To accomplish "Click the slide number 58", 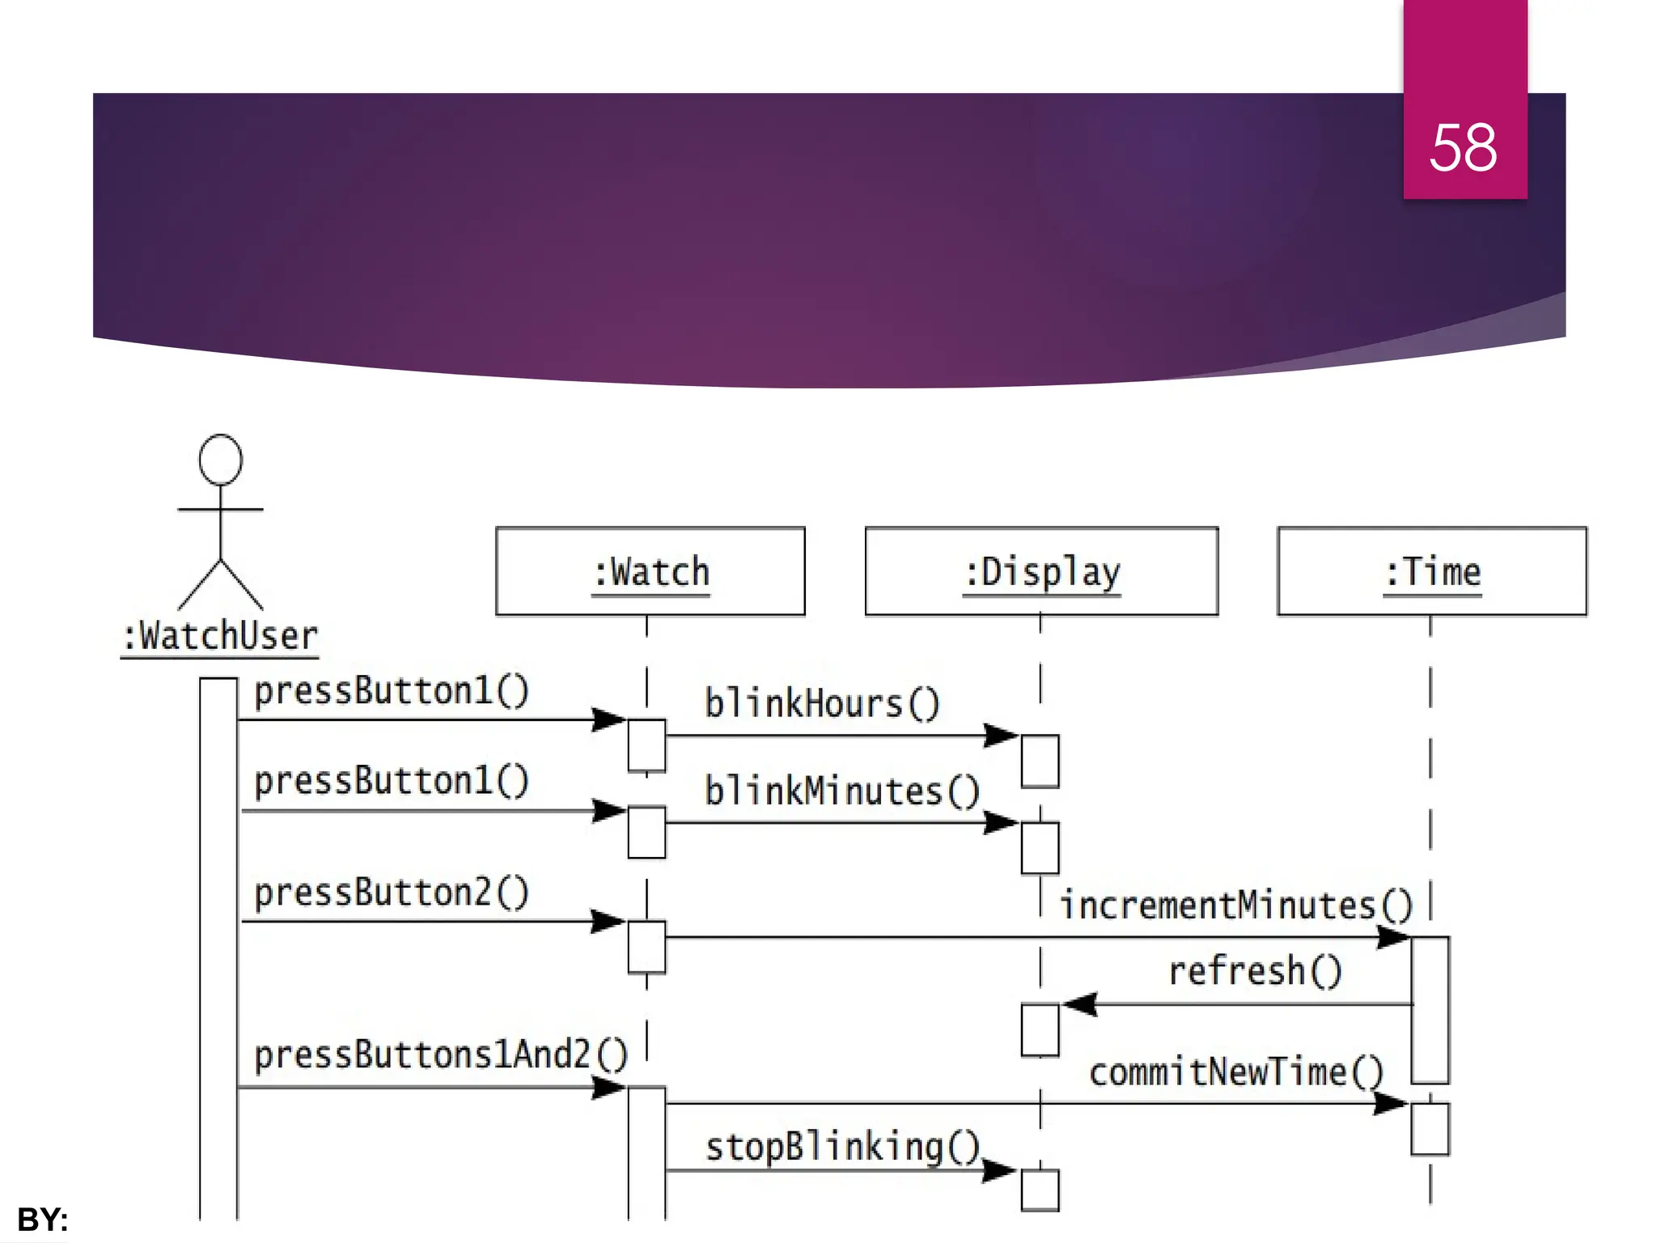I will (1463, 148).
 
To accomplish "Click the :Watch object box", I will (650, 571).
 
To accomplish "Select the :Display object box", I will (1041, 571).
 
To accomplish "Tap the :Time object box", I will (1431, 571).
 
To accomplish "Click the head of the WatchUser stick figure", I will (220, 460).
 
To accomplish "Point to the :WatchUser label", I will (219, 636).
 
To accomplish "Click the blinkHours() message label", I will (821, 703).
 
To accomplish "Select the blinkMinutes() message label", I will (841, 791).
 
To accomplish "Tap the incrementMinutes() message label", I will (1235, 905).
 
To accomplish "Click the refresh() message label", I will (1255, 970).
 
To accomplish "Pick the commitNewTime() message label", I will (1235, 1072).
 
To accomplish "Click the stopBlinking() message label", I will (842, 1147).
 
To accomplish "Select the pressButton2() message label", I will (392, 893).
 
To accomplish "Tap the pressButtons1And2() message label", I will (440, 1054).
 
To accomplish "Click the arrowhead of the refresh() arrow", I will (1079, 1004).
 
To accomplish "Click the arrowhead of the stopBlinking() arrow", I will (1000, 1170).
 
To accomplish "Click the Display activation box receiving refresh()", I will (1040, 1030).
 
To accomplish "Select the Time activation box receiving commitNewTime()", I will (1430, 1128).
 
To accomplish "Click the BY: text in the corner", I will (42, 1219).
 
